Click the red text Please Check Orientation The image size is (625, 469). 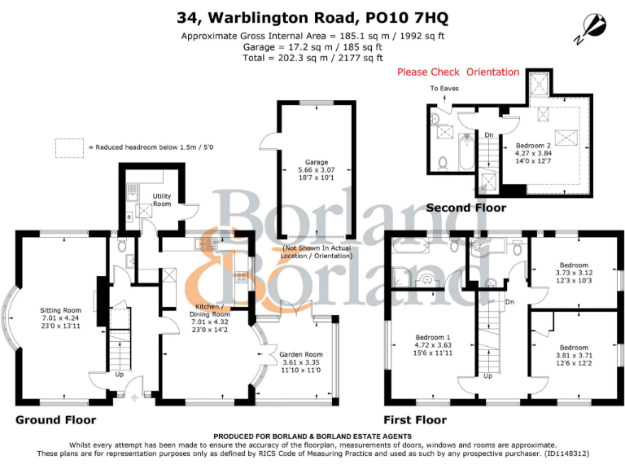457,72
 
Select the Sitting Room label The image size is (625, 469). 61,310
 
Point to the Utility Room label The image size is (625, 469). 162,199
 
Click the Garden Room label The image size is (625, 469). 300,355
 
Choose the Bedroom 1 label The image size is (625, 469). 431,337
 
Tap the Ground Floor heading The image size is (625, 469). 55,421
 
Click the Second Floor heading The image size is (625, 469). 466,208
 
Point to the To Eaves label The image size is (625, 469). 444,88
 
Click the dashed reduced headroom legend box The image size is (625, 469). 69,147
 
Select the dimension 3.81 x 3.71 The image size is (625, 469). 573,355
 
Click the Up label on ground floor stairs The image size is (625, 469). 120,375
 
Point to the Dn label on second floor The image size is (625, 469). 488,135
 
